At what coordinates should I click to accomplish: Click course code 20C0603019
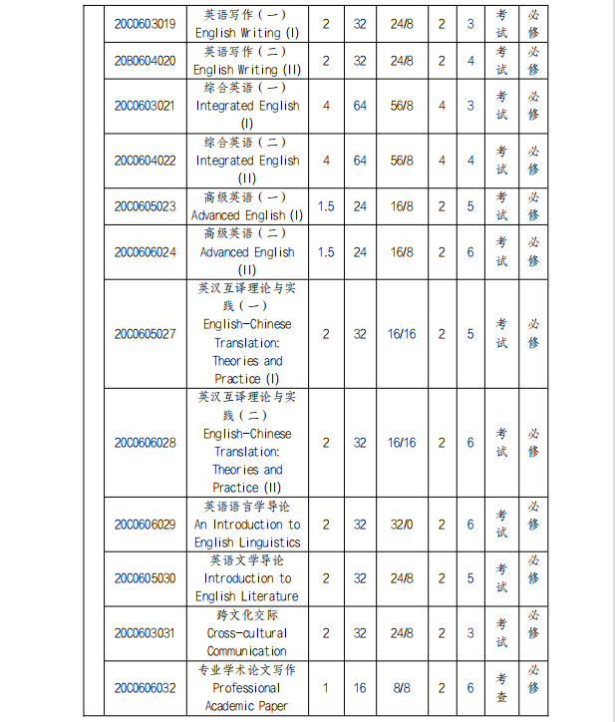coord(145,23)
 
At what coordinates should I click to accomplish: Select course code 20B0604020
coord(145,61)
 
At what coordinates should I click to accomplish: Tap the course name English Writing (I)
coord(246,33)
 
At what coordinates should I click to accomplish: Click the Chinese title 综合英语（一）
coord(245,88)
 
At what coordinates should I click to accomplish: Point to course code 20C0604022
coord(145,160)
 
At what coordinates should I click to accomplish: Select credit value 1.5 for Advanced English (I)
coord(326,206)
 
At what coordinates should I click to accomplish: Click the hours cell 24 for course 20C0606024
coord(360,252)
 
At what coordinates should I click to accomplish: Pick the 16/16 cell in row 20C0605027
coord(402,334)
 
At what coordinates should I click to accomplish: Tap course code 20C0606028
coord(145,443)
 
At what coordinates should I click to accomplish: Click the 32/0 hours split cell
coord(402,525)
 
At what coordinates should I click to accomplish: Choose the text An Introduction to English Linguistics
coord(246,534)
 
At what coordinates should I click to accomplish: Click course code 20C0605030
coord(145,578)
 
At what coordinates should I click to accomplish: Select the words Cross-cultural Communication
coord(246,642)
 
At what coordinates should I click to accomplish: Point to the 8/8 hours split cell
coord(402,688)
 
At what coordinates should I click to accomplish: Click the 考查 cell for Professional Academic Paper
coord(502,688)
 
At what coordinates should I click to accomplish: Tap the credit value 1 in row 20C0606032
coord(326,688)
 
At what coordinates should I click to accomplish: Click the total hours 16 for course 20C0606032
coord(360,688)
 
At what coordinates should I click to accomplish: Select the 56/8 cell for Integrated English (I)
coord(402,106)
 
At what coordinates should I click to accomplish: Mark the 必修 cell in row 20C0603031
coord(533,632)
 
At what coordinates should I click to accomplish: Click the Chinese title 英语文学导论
coord(246,560)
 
